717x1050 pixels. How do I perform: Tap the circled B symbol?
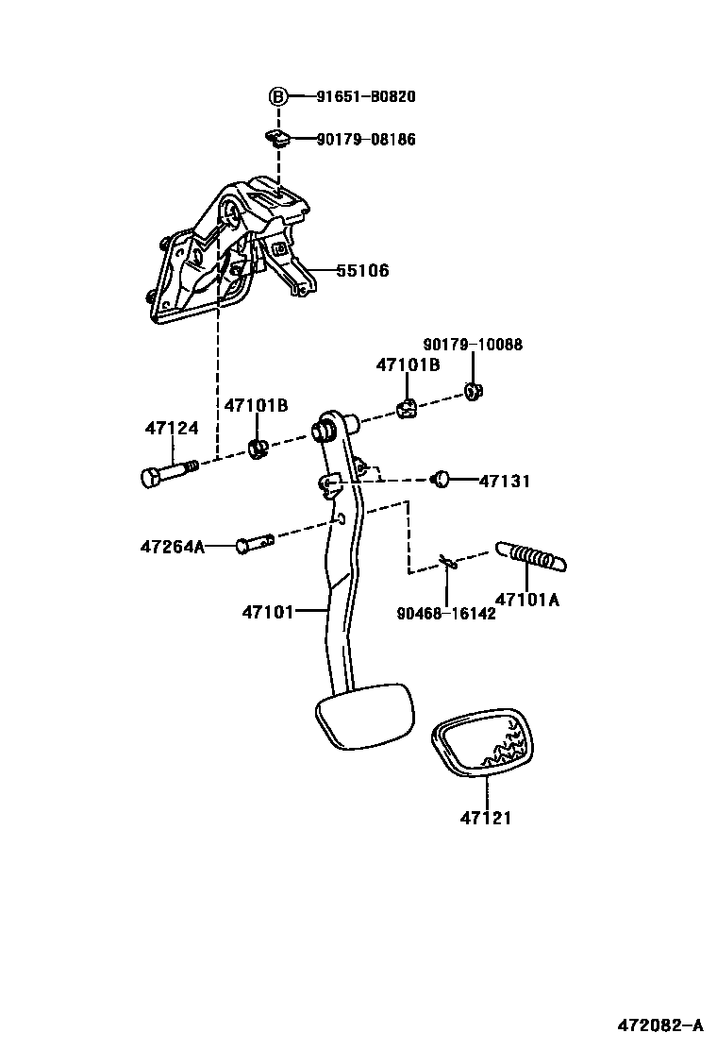(x=278, y=96)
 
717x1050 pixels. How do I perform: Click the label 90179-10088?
(x=473, y=346)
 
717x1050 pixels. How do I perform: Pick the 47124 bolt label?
(x=172, y=429)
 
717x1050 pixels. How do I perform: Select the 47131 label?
(x=504, y=482)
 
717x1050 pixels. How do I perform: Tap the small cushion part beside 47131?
(x=440, y=480)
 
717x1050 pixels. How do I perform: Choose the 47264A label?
(x=172, y=546)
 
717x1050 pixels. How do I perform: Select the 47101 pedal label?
(x=269, y=612)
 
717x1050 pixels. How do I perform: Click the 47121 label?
(x=486, y=818)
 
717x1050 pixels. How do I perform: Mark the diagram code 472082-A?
(x=659, y=1025)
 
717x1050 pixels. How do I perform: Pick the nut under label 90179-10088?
(x=476, y=389)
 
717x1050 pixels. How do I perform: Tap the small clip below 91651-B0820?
(x=277, y=139)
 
